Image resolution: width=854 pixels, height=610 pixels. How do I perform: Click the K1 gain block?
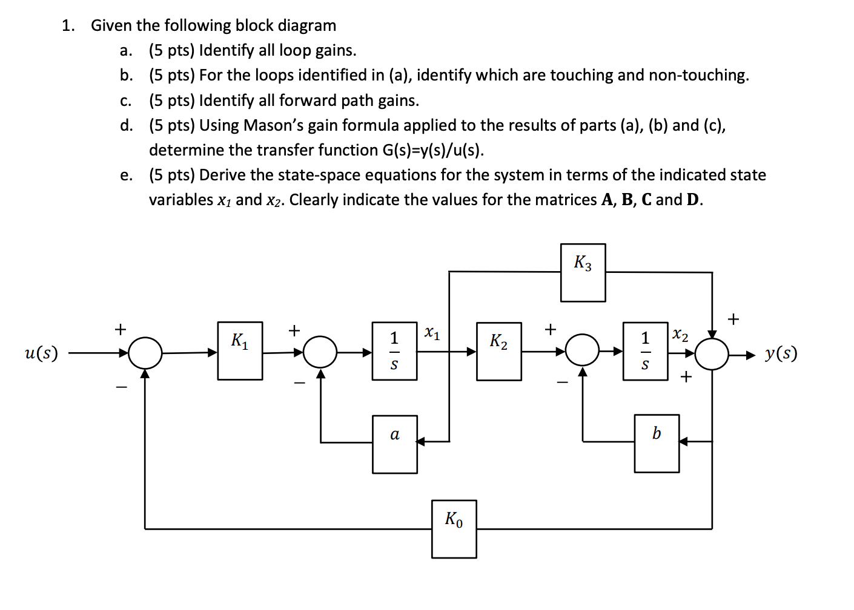coord(240,351)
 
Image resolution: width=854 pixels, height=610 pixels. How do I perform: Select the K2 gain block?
coord(498,352)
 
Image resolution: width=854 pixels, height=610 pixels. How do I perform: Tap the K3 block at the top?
coord(583,273)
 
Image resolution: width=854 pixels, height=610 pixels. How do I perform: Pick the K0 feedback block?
coord(454,529)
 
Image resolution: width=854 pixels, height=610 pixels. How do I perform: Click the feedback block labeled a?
coord(395,444)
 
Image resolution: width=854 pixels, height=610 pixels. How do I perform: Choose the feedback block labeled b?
coord(657,444)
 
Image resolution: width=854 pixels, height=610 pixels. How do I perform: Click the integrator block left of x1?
coord(394,351)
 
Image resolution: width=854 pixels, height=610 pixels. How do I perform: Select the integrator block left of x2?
coord(645,351)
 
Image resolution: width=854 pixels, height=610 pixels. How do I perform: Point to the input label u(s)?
coord(41,353)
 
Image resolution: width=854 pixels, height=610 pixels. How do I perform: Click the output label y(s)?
coord(781,353)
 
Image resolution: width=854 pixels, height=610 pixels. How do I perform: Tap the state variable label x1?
coord(432,333)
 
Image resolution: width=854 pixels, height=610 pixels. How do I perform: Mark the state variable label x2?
coord(681,335)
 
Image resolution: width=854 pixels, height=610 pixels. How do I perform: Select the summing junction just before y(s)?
coord(712,353)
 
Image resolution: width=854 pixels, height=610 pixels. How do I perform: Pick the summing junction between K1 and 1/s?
coord(320,352)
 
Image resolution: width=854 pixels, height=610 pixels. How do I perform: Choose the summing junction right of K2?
coord(582,350)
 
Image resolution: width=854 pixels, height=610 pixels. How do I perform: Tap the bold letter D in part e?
coord(693,200)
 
